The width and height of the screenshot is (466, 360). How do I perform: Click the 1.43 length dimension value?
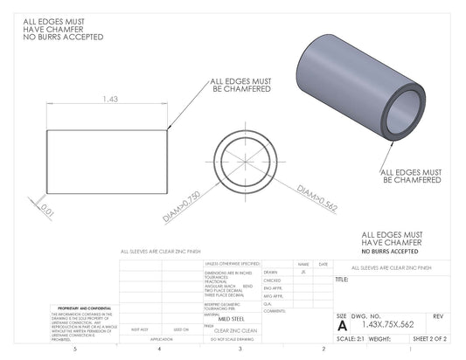click(110, 100)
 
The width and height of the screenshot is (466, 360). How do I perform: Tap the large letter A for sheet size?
click(341, 324)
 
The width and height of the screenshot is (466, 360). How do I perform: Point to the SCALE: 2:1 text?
click(351, 337)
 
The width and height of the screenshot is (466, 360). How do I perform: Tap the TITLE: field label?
click(342, 280)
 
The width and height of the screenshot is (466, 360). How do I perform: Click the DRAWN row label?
click(270, 272)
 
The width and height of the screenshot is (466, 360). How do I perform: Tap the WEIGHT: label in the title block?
click(379, 337)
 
